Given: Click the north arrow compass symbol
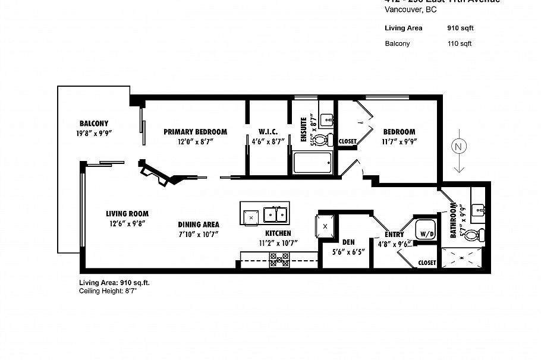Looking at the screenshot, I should (458, 147).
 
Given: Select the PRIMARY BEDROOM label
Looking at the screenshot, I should (195, 132).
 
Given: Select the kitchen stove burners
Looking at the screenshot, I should (279, 260).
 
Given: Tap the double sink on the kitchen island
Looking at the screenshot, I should (275, 214).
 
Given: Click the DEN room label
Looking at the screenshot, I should (348, 242).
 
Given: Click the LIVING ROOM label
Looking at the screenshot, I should (127, 214).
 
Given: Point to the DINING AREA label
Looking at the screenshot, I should (198, 225).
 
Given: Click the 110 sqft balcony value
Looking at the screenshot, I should (459, 43).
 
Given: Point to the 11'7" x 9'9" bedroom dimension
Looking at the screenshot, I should (398, 142).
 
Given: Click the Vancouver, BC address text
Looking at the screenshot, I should (410, 10).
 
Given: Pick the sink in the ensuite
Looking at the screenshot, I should (327, 119).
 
